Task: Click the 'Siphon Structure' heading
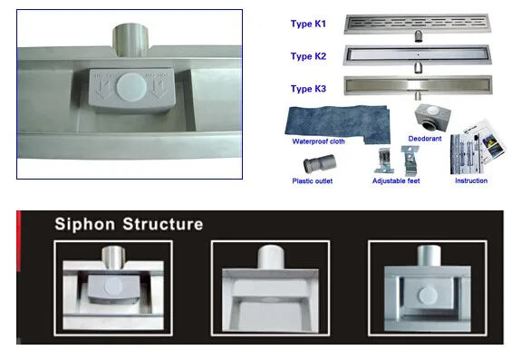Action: [x=129, y=224]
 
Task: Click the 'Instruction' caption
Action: [x=470, y=180]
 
